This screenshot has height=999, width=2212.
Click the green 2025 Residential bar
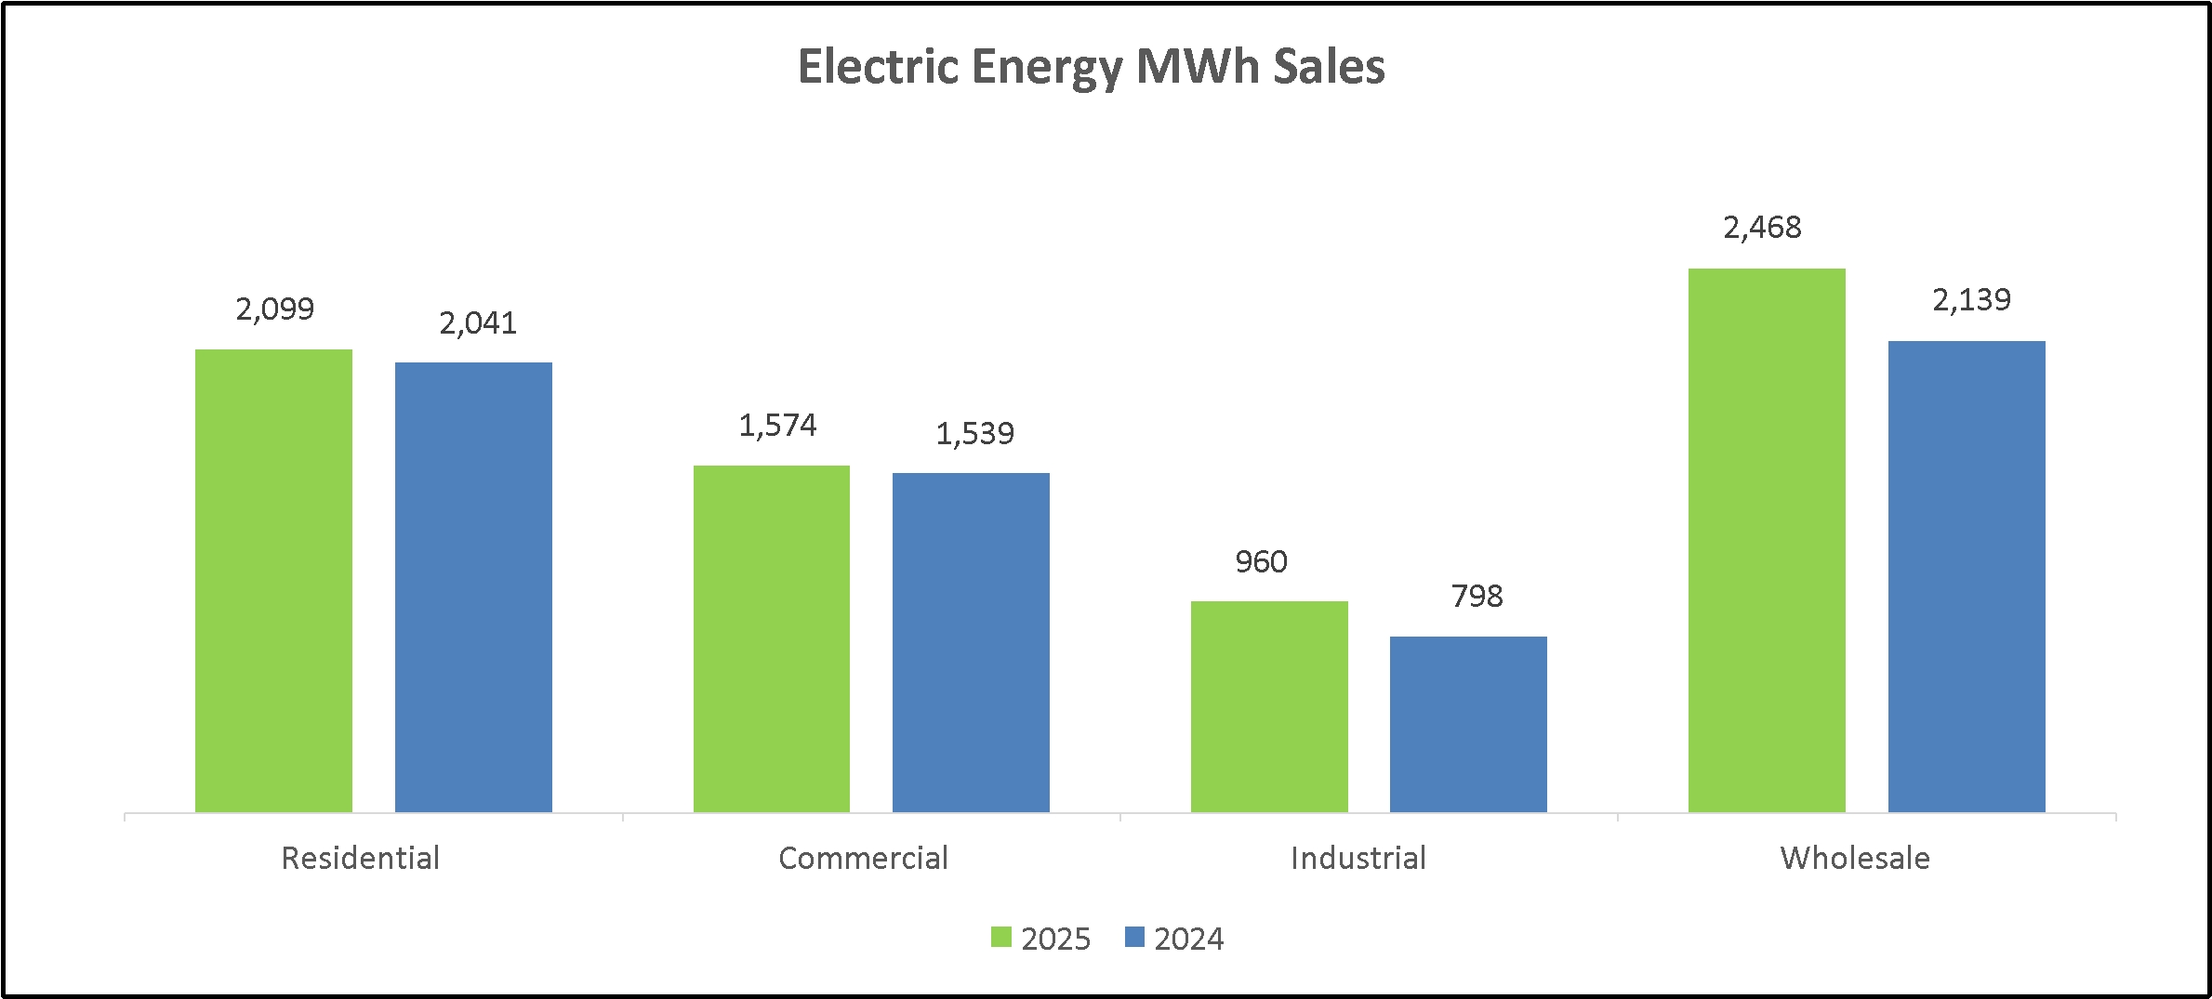tap(273, 581)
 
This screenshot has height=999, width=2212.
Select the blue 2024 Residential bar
tap(473, 587)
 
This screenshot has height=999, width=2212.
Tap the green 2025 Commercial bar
tap(772, 638)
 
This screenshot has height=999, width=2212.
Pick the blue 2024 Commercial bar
tap(971, 642)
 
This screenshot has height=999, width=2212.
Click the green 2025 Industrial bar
tap(1269, 706)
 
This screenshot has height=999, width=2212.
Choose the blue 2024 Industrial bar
tap(1468, 724)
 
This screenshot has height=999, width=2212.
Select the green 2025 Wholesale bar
tap(1767, 540)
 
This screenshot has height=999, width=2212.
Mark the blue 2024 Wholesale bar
tap(1967, 576)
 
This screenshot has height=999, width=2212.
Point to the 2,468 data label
tap(1762, 228)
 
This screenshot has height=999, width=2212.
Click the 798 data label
tap(1477, 597)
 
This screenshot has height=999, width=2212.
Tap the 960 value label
tap(1261, 562)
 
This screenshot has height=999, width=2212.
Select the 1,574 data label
tap(777, 426)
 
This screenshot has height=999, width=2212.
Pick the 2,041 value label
tap(478, 323)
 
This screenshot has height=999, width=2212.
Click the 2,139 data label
tap(1971, 300)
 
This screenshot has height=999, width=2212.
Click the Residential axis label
tap(361, 858)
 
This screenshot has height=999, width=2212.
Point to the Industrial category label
tap(1358, 858)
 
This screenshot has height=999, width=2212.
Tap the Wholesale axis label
tap(1855, 858)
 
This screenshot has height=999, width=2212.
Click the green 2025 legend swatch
tap(1001, 938)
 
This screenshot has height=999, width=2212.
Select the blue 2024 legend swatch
tap(1134, 938)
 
